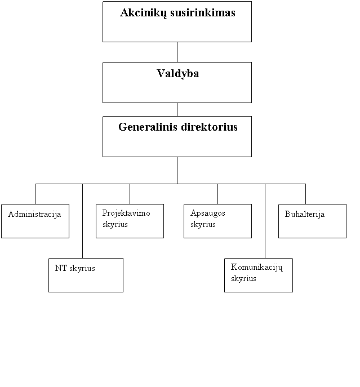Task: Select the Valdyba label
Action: pos(178,74)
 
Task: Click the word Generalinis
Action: pos(148,127)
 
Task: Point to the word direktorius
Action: pos(210,127)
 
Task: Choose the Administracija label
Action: pos(34,214)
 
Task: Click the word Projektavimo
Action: pos(126,213)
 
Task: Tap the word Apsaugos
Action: pos(208,213)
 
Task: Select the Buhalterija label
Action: pos(304,214)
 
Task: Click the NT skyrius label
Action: pos(75,268)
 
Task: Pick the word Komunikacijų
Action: pos(256,268)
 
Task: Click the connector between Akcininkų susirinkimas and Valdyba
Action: pos(177,52)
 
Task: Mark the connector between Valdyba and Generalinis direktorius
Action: pos(177,110)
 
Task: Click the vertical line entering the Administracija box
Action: pos(35,194)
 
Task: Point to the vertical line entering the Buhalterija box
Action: pos(305,194)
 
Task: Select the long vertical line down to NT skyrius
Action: pos(82,221)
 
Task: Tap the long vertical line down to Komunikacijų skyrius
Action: pos(265,221)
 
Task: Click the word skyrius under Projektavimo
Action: pos(115,225)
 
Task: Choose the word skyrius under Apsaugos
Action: pos(203,225)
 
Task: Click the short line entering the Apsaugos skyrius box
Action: pos(217,194)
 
